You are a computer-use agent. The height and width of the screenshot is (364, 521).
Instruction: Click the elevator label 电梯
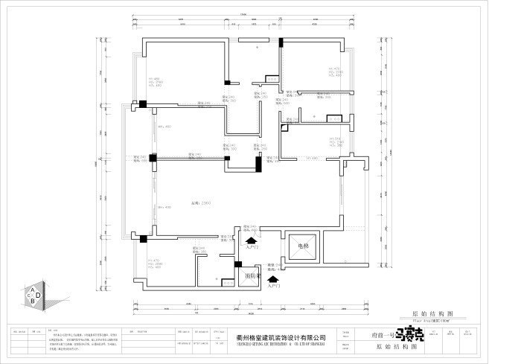303,245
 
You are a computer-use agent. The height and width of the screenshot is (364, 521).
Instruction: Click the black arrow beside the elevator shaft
252,240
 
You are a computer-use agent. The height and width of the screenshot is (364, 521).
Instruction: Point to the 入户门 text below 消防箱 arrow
273,285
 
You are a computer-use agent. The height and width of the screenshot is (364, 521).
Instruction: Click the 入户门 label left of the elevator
252,247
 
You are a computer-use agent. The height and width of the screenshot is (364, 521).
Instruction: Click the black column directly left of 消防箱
238,264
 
